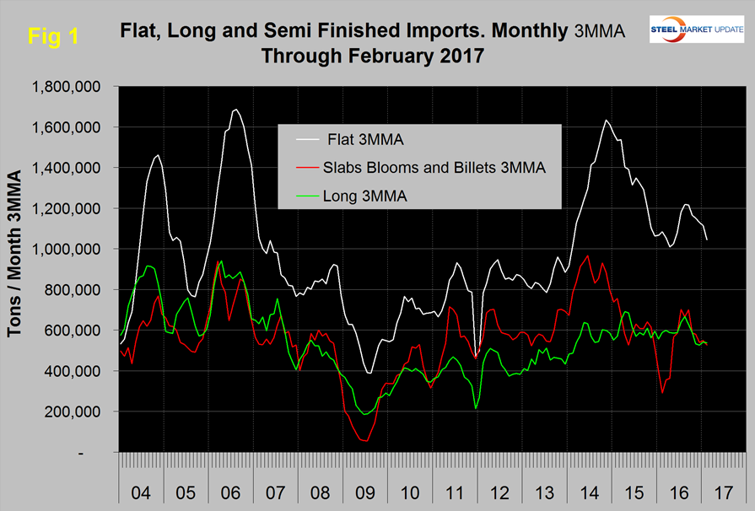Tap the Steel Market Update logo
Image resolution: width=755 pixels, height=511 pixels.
tap(696, 29)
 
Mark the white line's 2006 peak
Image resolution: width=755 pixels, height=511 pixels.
tap(235, 110)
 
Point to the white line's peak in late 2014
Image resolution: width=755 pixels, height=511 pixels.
tap(606, 121)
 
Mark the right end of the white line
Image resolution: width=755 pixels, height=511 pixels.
tap(707, 240)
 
